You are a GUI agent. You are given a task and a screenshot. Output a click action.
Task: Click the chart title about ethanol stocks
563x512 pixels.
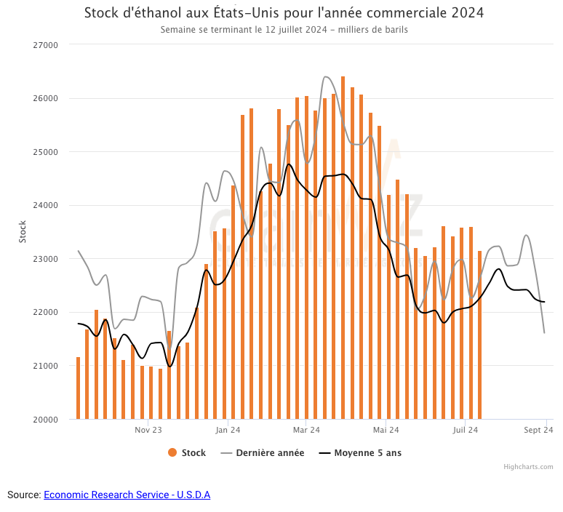pyautogui.click(x=284, y=13)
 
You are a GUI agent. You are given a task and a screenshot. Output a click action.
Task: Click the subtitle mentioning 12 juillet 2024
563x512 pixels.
pyautogui.click(x=284, y=31)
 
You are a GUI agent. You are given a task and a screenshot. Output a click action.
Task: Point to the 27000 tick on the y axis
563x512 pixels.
pyautogui.click(x=46, y=45)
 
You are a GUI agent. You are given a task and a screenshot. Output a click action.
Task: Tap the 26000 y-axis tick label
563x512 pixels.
pyautogui.click(x=46, y=98)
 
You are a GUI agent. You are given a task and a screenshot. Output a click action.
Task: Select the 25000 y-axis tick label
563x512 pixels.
pyautogui.click(x=46, y=152)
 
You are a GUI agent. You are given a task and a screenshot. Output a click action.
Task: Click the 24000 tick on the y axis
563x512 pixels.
pyautogui.click(x=46, y=205)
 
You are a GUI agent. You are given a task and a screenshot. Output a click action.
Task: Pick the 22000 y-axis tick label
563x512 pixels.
pyautogui.click(x=46, y=312)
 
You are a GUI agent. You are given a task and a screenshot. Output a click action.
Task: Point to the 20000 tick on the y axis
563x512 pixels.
pyautogui.click(x=46, y=419)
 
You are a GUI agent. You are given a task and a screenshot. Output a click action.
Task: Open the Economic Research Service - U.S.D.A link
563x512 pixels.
pyautogui.click(x=127, y=495)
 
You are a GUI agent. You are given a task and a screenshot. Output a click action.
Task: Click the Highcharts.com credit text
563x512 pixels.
pyautogui.click(x=528, y=467)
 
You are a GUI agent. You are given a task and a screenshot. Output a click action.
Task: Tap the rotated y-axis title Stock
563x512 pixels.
pyautogui.click(x=22, y=232)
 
